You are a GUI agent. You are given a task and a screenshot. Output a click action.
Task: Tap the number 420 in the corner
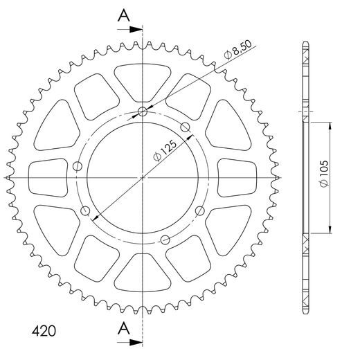click(44, 330)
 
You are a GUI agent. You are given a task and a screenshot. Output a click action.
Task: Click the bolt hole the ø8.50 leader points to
click(143, 112)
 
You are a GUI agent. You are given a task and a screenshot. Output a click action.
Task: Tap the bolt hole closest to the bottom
click(164, 240)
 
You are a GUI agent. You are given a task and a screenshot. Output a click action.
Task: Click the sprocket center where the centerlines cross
click(143, 178)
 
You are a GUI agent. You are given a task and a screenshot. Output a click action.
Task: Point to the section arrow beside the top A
click(133, 30)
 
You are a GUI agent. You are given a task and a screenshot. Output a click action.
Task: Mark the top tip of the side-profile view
click(305, 43)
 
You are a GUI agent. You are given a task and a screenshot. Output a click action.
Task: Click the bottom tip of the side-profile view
click(305, 312)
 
